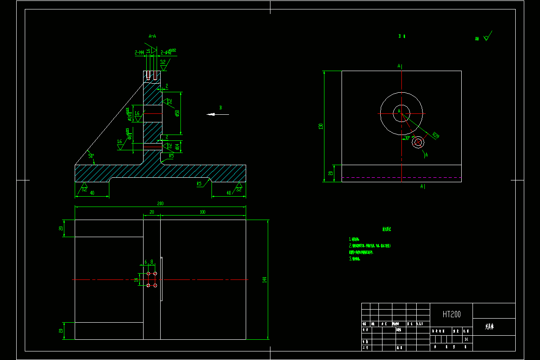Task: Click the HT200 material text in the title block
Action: (x=451, y=314)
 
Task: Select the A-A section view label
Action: (x=153, y=36)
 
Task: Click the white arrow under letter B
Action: (x=217, y=114)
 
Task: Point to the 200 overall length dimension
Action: (x=161, y=203)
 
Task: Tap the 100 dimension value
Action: (x=202, y=211)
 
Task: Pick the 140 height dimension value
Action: (x=265, y=279)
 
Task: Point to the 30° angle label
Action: (x=407, y=139)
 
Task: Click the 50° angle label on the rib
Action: (x=91, y=156)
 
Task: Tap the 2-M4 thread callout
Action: (x=139, y=53)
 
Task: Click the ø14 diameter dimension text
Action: (x=178, y=146)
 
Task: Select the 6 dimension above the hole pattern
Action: (x=145, y=261)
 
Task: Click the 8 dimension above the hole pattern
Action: (x=152, y=261)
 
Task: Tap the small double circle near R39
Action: (x=418, y=143)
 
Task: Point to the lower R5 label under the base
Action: (x=199, y=184)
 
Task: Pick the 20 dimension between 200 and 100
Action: (x=152, y=211)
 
